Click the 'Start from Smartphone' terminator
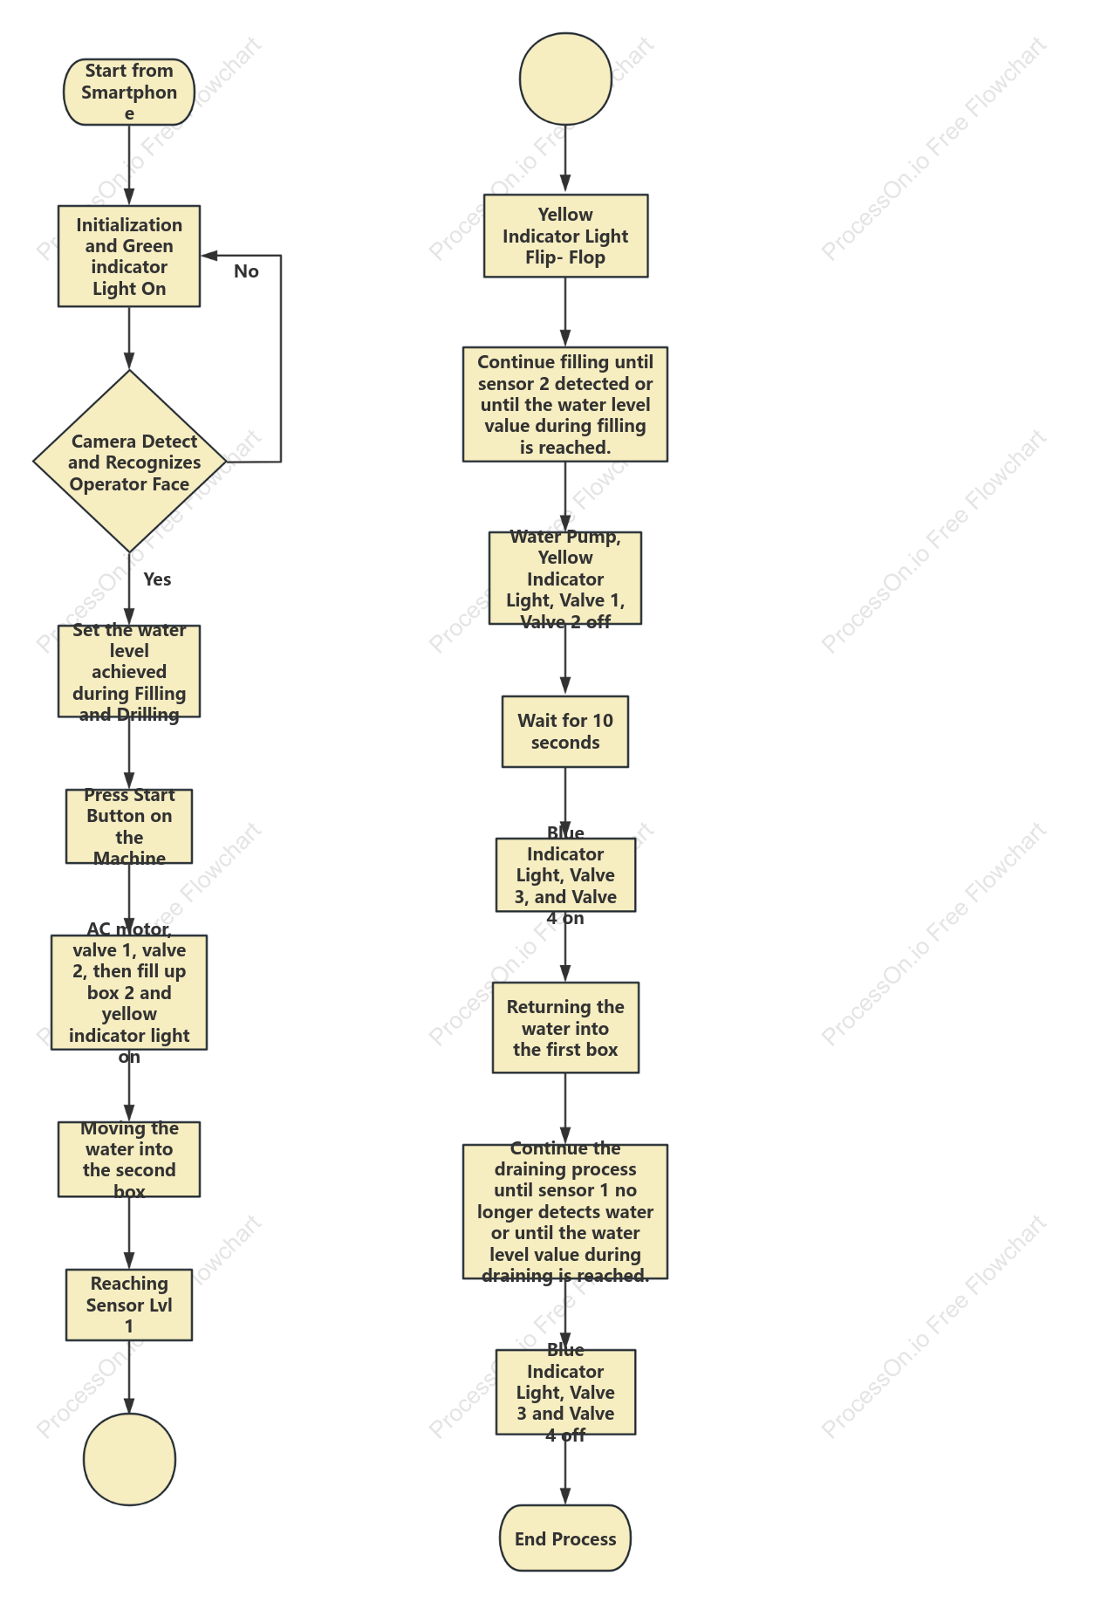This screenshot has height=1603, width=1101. coord(129,92)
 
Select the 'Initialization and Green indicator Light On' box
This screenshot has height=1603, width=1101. coord(129,257)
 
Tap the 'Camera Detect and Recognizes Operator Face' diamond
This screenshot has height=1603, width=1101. coord(129,462)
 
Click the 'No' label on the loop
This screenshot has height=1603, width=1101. coord(246,271)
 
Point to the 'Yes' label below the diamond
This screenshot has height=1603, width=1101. coord(157,579)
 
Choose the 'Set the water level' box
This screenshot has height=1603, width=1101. coord(129,671)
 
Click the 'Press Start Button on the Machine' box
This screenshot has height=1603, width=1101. coord(129,826)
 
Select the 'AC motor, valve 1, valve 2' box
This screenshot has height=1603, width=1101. coord(129,992)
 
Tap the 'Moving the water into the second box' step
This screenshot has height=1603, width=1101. coord(129,1159)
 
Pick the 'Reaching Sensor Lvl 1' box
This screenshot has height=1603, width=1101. coord(129,1305)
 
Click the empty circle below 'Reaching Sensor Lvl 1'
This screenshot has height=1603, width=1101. coord(129,1460)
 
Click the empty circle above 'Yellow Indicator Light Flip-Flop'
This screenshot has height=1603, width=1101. coord(565,79)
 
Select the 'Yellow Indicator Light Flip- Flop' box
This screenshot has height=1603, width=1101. coord(565,236)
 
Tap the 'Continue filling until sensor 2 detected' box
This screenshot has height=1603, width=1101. coord(565,404)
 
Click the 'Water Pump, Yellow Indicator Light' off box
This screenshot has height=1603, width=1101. coord(565,578)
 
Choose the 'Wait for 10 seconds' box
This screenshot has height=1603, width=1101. coord(565,731)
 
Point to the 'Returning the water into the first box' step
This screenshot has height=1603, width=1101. coord(565,1027)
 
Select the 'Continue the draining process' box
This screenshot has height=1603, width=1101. coord(565,1211)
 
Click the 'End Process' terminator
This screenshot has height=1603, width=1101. coord(565,1538)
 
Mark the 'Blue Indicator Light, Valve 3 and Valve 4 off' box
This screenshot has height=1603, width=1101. coord(565,1392)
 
